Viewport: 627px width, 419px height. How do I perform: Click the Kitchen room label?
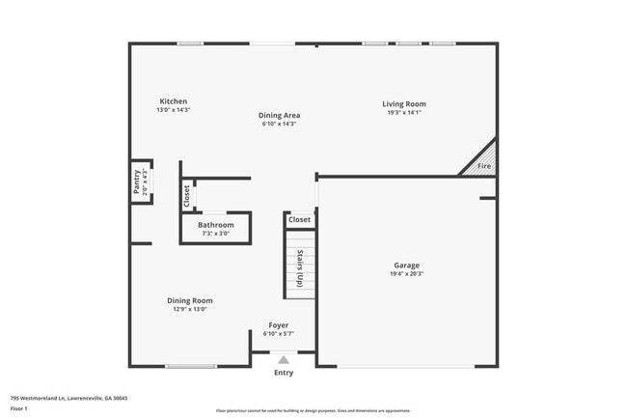pos(174,101)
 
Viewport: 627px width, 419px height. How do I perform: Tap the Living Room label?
pos(403,104)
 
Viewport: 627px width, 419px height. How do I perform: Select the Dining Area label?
pos(279,116)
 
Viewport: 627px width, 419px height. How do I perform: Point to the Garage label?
pos(406,265)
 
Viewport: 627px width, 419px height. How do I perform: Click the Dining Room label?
pos(189,300)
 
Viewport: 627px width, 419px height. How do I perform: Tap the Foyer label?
pos(279,325)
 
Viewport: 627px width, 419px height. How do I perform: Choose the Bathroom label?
pos(215,225)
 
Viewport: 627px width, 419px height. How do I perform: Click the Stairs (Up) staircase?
pos(300,268)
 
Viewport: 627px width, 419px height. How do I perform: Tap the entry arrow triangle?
pos(284,359)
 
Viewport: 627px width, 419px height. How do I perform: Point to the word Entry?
pos(284,373)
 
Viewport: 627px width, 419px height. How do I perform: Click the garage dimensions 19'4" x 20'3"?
pos(406,274)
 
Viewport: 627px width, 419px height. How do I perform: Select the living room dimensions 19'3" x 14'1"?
pos(403,113)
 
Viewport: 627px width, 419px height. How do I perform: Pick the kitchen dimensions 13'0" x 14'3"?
pos(174,110)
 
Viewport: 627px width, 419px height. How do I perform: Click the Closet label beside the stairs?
pos(300,220)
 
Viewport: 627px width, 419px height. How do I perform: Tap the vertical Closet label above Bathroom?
pos(187,196)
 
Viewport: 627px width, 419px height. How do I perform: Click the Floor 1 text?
pos(20,408)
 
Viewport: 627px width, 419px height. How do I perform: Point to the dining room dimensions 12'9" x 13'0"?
pos(189,309)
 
